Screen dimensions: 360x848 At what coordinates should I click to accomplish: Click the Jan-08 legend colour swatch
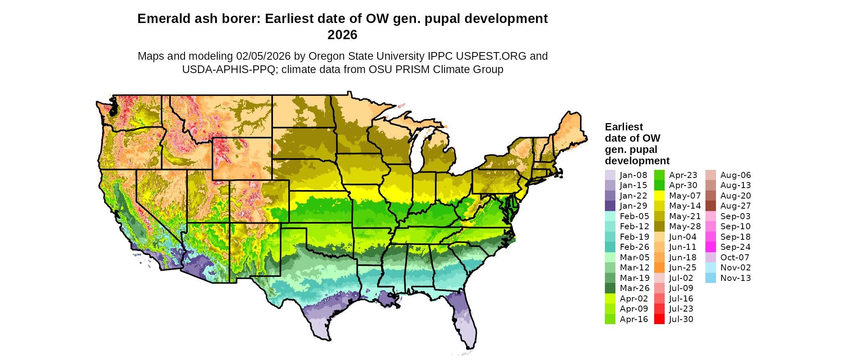tap(610, 175)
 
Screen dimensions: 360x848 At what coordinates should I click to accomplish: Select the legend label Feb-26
tap(634, 247)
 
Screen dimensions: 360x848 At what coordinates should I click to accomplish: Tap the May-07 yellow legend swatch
tap(659, 196)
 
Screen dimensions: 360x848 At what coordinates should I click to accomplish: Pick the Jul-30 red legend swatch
tap(659, 319)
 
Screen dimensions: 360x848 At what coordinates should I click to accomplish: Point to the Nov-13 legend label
tap(735, 278)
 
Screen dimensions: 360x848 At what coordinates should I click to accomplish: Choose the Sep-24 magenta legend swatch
tap(711, 247)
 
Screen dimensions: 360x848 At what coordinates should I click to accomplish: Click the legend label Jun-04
tap(683, 237)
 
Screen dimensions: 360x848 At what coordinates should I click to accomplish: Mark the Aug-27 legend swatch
tap(711, 206)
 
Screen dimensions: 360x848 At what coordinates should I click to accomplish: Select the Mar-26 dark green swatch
tap(610, 288)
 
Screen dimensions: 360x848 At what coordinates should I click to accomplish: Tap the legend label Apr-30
tap(683, 185)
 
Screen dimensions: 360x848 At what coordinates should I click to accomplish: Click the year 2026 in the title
tap(342, 35)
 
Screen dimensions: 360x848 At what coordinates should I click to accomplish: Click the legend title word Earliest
tap(624, 127)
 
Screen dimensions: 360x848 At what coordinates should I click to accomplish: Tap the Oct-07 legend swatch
tap(711, 257)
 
